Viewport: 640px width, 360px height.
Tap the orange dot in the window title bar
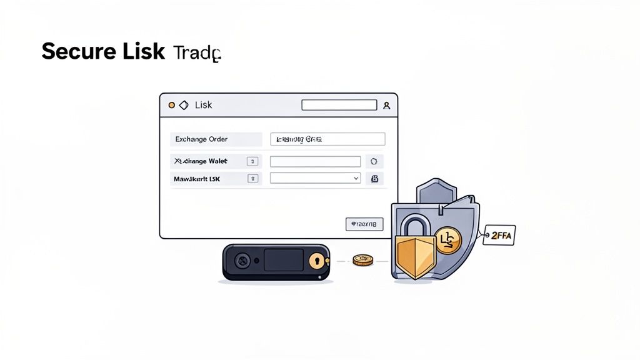coord(171,105)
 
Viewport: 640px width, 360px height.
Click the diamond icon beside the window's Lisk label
coord(183,105)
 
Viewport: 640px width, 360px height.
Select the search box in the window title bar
coord(339,105)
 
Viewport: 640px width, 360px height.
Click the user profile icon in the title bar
coord(386,105)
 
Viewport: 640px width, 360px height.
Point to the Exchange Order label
coord(201,139)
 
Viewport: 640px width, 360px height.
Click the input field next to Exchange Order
coord(327,139)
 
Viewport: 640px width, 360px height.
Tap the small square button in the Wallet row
coord(252,161)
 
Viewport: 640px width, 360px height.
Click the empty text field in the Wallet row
coord(315,161)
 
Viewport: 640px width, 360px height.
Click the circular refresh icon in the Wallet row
coord(374,161)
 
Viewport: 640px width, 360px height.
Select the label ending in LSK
coord(197,179)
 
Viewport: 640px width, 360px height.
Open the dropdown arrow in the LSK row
coord(356,178)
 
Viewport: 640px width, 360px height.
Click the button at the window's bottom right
coord(364,224)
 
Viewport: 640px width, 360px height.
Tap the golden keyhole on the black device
coord(317,259)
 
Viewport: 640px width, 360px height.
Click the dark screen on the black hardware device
coord(284,259)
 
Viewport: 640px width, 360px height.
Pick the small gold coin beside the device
coord(362,260)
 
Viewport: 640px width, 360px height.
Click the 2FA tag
coord(499,236)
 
